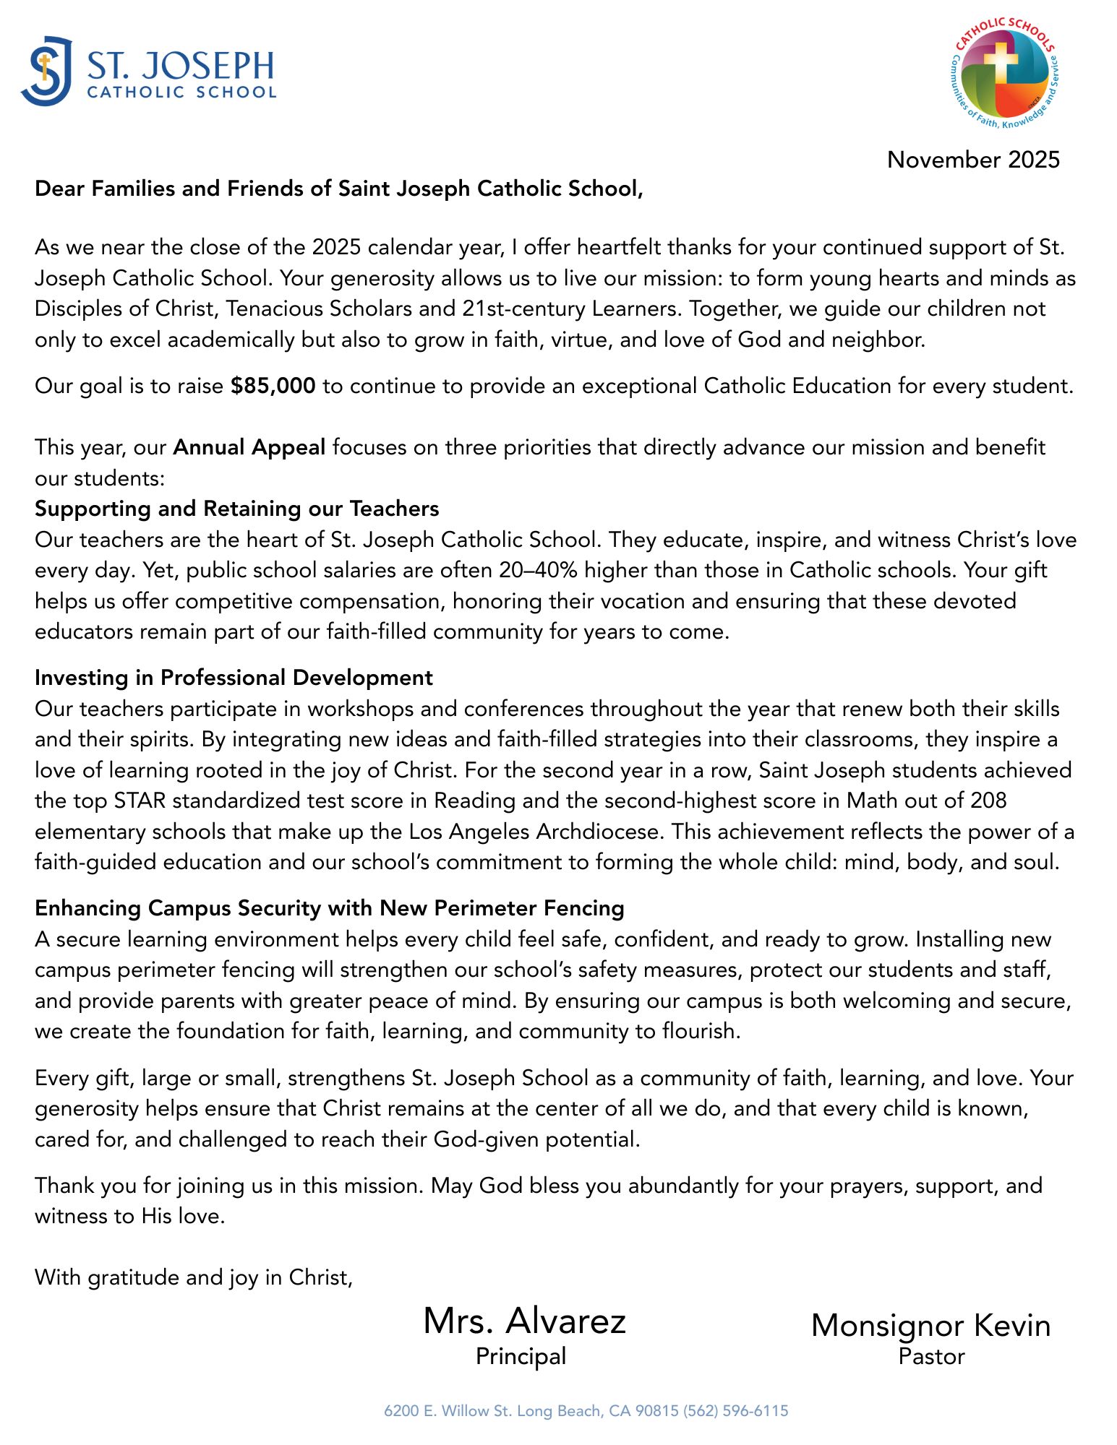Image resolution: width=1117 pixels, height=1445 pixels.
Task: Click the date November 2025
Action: [973, 160]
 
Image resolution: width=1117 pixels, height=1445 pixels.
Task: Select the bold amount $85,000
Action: [273, 386]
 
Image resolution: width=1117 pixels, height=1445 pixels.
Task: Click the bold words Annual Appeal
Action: [249, 447]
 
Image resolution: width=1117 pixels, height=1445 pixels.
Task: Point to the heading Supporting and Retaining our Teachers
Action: [236, 509]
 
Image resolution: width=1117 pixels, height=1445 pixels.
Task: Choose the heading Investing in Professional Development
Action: [234, 678]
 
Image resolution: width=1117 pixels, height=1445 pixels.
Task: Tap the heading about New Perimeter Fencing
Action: [329, 908]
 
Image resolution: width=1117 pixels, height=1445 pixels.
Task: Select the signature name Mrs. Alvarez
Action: [524, 1321]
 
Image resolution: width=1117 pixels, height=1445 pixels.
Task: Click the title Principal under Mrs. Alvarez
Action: [521, 1356]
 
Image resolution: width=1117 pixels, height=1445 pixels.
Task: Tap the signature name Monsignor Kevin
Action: [930, 1325]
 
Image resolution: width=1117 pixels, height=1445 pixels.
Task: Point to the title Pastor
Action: [931, 1356]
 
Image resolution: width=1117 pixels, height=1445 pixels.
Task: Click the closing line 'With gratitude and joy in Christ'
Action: [194, 1277]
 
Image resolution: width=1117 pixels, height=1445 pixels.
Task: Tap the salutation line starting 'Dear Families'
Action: [338, 189]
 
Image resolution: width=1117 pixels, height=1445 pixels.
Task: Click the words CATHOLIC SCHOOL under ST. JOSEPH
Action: [181, 92]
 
